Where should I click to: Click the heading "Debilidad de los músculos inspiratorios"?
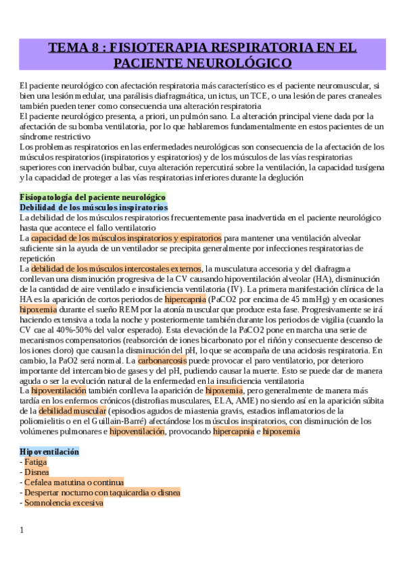coord(93,207)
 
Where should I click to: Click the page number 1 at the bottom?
coord(22,530)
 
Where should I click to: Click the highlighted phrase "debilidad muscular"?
coord(67,411)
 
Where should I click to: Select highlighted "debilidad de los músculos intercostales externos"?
coord(116,268)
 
